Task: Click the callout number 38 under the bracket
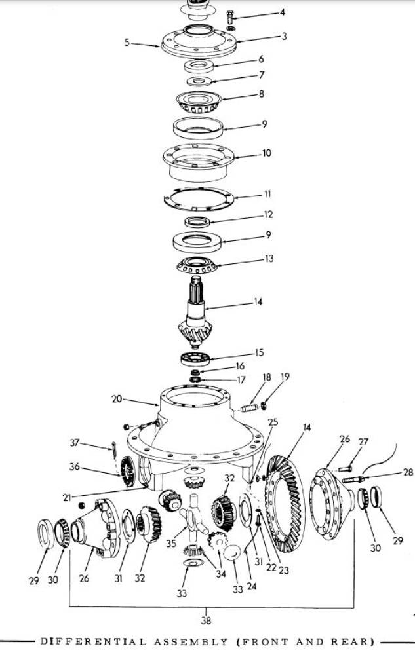point(206,620)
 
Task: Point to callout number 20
point(117,399)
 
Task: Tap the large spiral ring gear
point(285,503)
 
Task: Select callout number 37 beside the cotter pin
point(74,442)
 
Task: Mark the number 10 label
point(267,153)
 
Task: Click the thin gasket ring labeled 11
point(198,198)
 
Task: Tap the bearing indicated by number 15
point(195,359)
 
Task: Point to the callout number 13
point(269,259)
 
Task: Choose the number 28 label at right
point(408,472)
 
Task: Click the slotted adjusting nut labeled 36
point(127,471)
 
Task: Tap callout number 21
point(68,498)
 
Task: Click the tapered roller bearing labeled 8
point(199,102)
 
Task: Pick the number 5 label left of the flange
point(127,42)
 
